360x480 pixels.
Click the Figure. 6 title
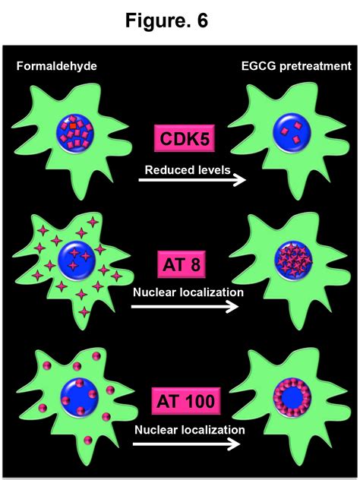pyautogui.click(x=180, y=21)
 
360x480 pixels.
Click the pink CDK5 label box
pyautogui.click(x=186, y=140)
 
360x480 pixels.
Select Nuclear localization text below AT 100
pyautogui.click(x=190, y=430)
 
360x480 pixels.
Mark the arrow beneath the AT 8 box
pyautogui.click(x=185, y=307)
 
